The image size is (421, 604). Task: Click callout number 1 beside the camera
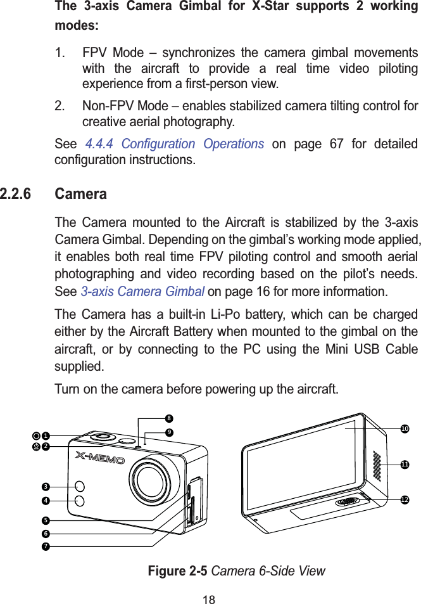(x=46, y=436)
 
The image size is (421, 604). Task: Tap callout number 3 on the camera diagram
(x=46, y=486)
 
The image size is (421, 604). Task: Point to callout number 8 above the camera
(x=169, y=418)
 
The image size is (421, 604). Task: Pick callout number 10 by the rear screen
(x=404, y=429)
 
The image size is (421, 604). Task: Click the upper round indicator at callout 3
(x=80, y=486)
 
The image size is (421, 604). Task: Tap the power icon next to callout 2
(x=37, y=446)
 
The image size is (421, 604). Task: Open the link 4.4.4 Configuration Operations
(x=174, y=144)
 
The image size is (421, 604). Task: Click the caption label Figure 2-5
(x=178, y=571)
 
